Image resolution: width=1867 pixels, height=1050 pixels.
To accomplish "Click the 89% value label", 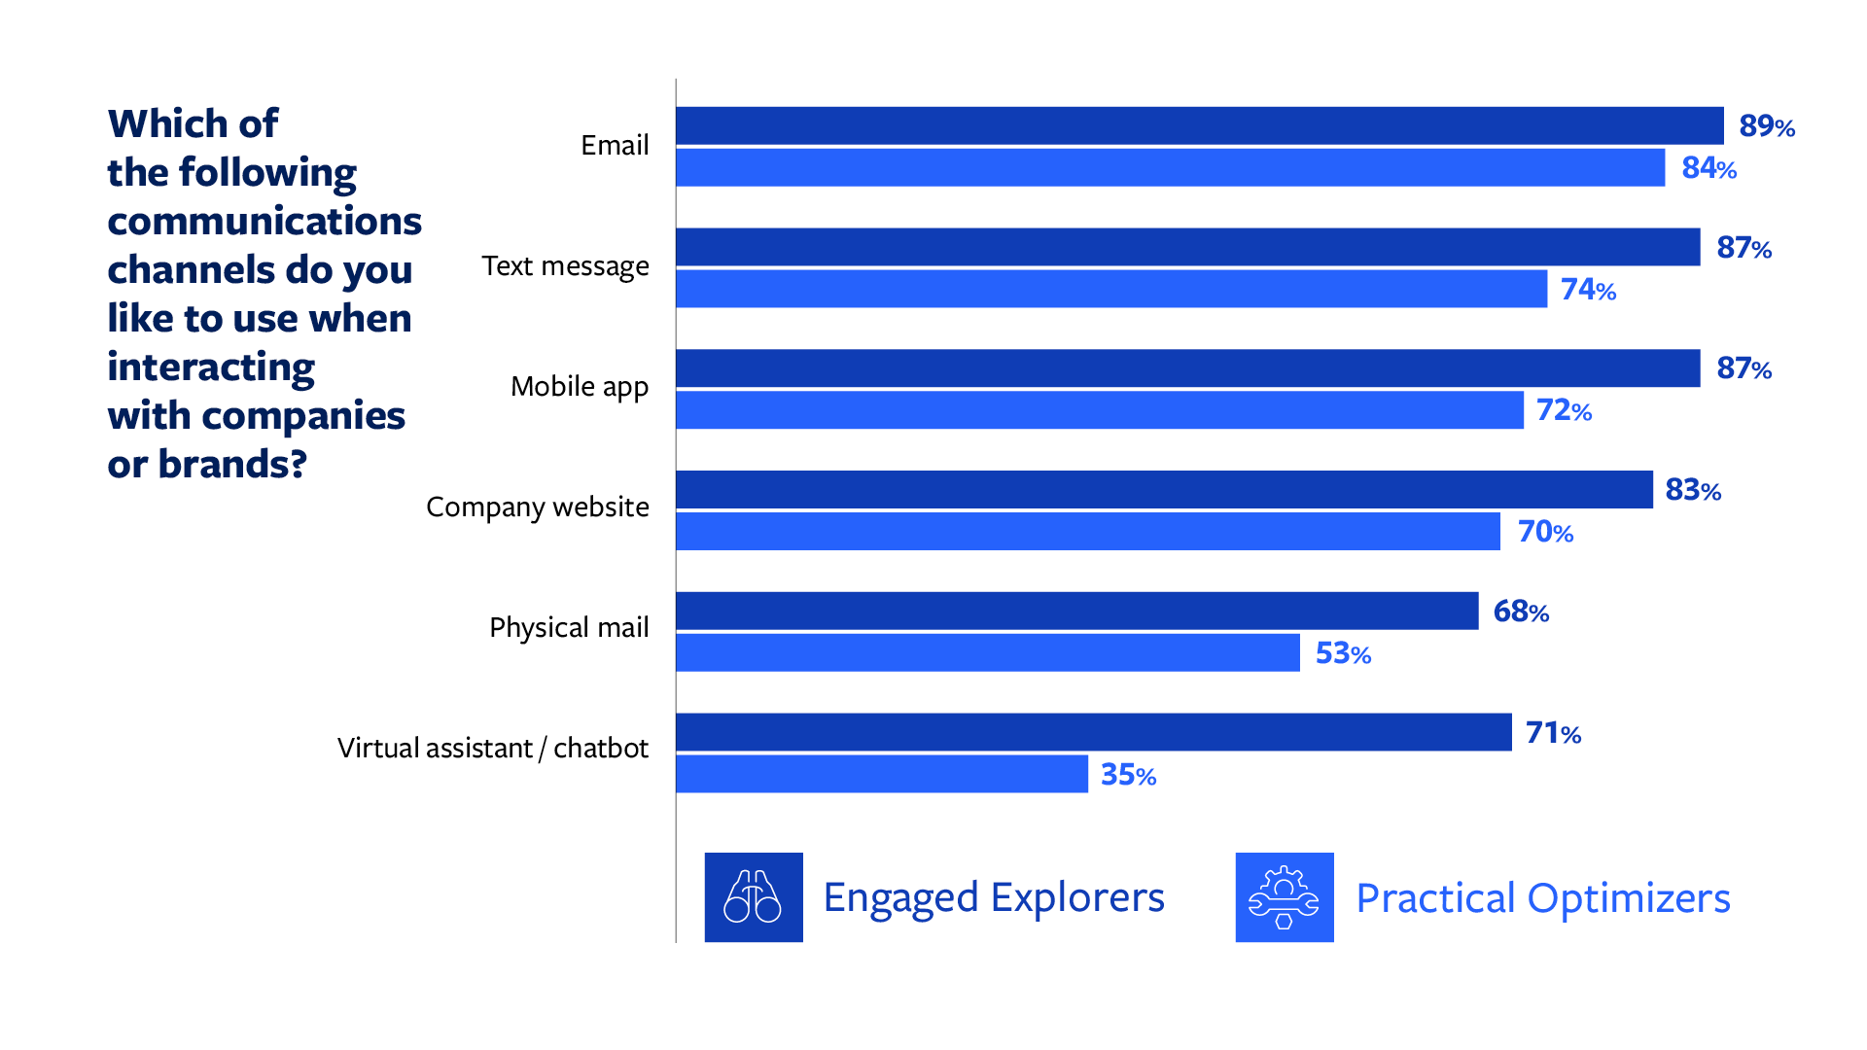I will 1766,126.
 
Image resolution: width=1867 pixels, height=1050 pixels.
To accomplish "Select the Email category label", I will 615,145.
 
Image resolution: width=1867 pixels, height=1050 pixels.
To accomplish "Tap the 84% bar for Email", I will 1170,167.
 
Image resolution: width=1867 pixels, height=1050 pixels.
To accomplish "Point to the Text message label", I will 565,266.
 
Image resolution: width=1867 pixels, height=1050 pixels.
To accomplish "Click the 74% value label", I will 1588,290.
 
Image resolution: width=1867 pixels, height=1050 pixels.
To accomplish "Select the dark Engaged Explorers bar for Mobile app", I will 1187,368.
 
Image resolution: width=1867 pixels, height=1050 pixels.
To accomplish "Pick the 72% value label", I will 1564,410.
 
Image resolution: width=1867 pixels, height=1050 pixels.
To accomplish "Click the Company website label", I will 537,507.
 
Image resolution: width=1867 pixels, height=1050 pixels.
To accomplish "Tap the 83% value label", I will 1693,490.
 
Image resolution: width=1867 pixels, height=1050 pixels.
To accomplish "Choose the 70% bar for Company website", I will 1087,532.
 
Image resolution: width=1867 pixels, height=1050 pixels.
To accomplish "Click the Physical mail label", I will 569,628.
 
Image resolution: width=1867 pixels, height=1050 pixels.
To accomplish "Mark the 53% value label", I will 1343,653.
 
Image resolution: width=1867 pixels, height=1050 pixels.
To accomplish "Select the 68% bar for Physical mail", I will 1076,611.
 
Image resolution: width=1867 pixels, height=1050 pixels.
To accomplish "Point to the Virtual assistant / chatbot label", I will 492,749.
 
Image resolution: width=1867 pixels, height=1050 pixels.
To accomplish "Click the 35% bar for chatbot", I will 881,774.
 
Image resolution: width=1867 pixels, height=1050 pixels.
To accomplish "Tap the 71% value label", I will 1553,733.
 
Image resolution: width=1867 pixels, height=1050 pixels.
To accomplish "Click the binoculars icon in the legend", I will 754,897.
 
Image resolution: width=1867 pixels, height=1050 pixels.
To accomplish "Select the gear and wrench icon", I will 1284,897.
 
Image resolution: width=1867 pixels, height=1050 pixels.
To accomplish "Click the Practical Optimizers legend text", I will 1542,898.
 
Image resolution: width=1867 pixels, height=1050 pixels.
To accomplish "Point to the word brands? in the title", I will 232,465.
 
